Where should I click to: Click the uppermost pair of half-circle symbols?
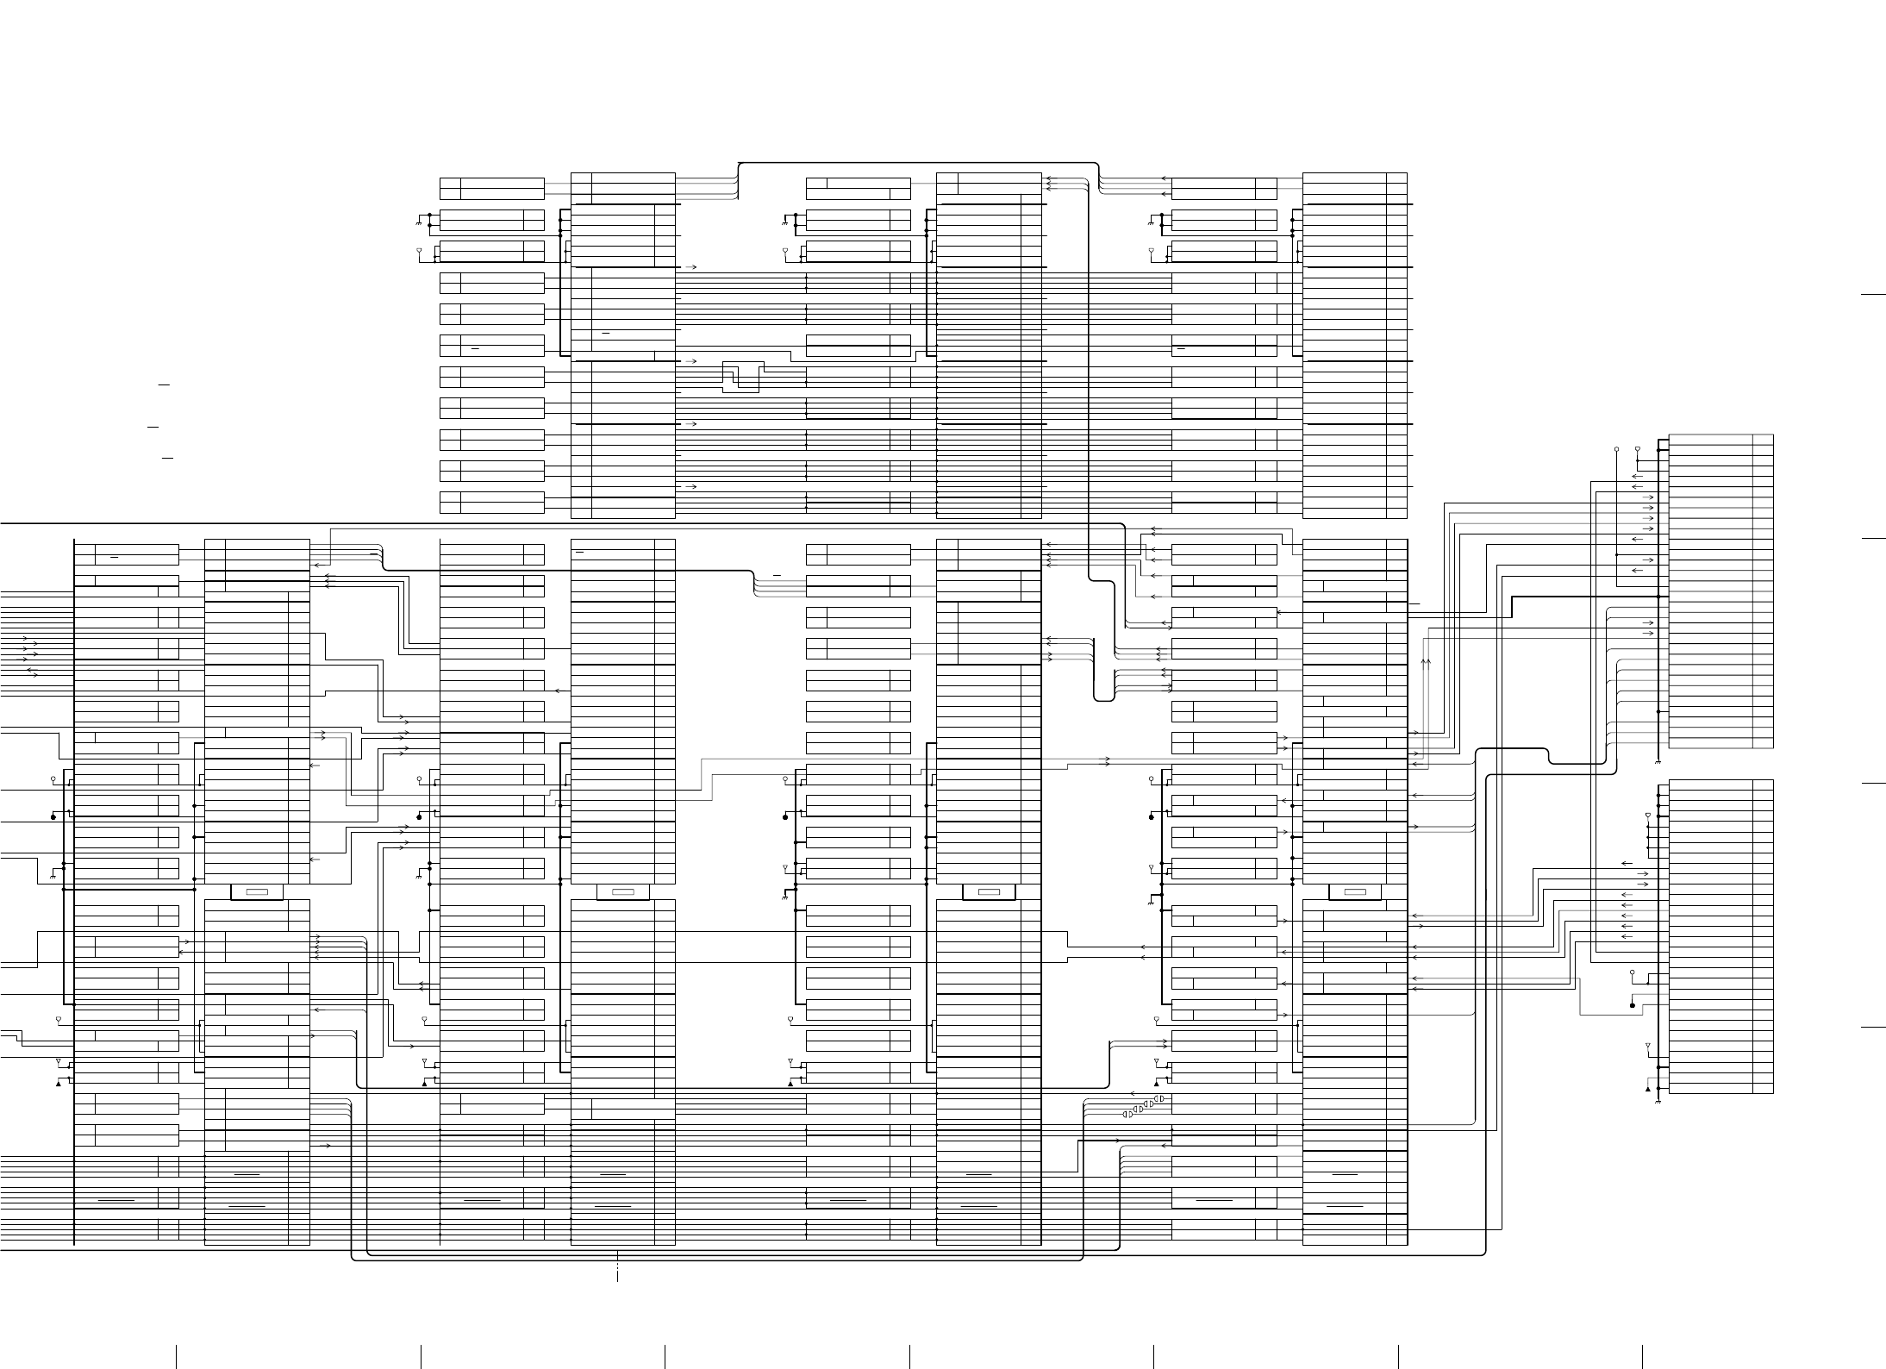coord(1159,1098)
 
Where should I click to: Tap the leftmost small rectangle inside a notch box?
coord(257,891)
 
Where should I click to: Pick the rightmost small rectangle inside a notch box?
coord(1355,891)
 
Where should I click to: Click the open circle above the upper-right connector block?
coord(1617,449)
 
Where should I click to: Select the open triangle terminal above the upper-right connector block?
coord(1638,450)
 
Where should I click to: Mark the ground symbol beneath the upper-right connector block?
coord(1658,762)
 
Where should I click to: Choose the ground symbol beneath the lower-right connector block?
coord(1658,1101)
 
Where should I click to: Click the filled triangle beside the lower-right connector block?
coord(1648,1089)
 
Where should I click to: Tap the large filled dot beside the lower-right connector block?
coord(1633,1005)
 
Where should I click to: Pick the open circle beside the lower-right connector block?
coord(1633,972)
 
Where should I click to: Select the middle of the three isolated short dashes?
coord(153,426)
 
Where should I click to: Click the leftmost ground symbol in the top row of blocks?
coord(419,222)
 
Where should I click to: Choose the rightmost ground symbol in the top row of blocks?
coord(1151,222)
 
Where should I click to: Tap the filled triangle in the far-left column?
coord(58,1085)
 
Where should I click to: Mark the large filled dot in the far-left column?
coord(53,816)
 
